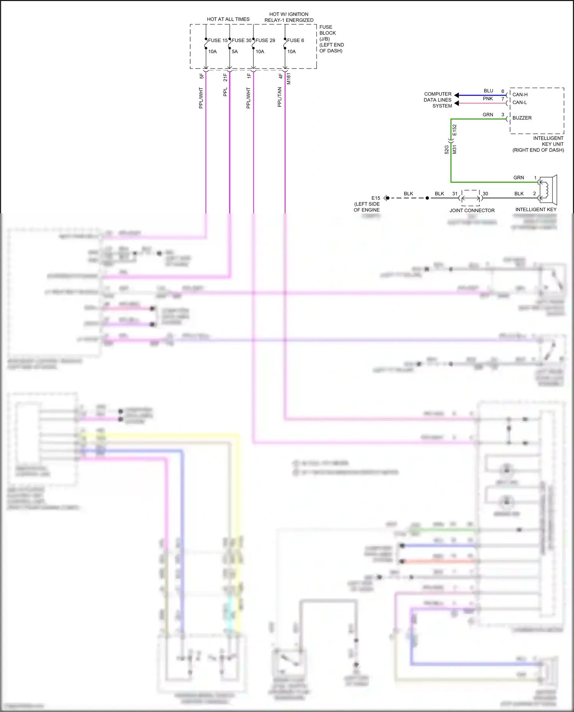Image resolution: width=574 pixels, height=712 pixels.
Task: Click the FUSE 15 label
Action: [218, 41]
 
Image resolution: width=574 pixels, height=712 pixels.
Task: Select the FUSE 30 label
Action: [241, 41]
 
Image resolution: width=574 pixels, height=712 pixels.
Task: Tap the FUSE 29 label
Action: [265, 41]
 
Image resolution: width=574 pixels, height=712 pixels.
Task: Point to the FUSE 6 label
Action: [295, 41]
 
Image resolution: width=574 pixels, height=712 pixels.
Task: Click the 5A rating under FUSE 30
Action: [235, 52]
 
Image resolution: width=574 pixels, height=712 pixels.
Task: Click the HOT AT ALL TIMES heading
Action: [228, 19]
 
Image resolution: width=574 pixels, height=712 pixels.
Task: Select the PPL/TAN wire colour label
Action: [280, 97]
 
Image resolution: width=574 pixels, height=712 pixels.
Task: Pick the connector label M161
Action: [289, 78]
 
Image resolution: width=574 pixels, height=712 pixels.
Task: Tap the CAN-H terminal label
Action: [520, 94]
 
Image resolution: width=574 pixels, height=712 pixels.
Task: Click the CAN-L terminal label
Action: [520, 103]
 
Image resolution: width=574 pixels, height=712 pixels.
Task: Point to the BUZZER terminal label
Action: [522, 118]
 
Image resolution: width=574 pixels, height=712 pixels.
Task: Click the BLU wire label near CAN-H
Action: [488, 91]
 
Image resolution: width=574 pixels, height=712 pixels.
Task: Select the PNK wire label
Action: [488, 99]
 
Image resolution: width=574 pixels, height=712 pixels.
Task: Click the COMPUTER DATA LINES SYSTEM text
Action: [438, 100]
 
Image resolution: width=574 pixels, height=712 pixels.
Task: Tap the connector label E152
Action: [455, 130]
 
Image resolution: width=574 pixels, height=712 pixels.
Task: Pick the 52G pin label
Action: [447, 150]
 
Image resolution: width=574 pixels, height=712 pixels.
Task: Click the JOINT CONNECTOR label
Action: [472, 210]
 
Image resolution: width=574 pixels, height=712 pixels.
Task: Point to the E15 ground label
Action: [376, 198]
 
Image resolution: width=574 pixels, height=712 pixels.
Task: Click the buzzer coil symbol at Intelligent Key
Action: [545, 189]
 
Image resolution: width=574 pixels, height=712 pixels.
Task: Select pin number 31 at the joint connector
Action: [455, 194]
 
